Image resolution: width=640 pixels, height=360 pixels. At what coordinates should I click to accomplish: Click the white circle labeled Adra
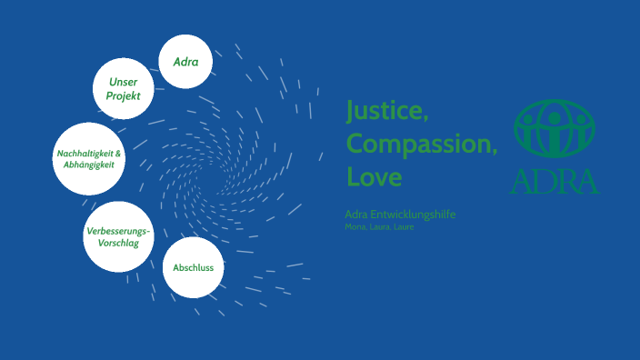185,62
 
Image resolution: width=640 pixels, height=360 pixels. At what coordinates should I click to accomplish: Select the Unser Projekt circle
124,89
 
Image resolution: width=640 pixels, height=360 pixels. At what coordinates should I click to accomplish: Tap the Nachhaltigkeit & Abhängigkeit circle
86,159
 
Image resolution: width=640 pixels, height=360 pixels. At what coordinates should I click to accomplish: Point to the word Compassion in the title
421,144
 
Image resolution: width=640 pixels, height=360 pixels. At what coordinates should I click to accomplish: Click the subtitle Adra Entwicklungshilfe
400,214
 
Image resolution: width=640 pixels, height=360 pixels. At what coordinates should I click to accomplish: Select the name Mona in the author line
355,226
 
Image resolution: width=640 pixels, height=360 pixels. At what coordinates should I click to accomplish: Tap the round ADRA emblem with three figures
555,128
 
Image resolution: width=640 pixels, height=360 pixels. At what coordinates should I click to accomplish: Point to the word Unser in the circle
124,82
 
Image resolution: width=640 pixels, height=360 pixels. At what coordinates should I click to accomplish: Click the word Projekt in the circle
124,95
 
